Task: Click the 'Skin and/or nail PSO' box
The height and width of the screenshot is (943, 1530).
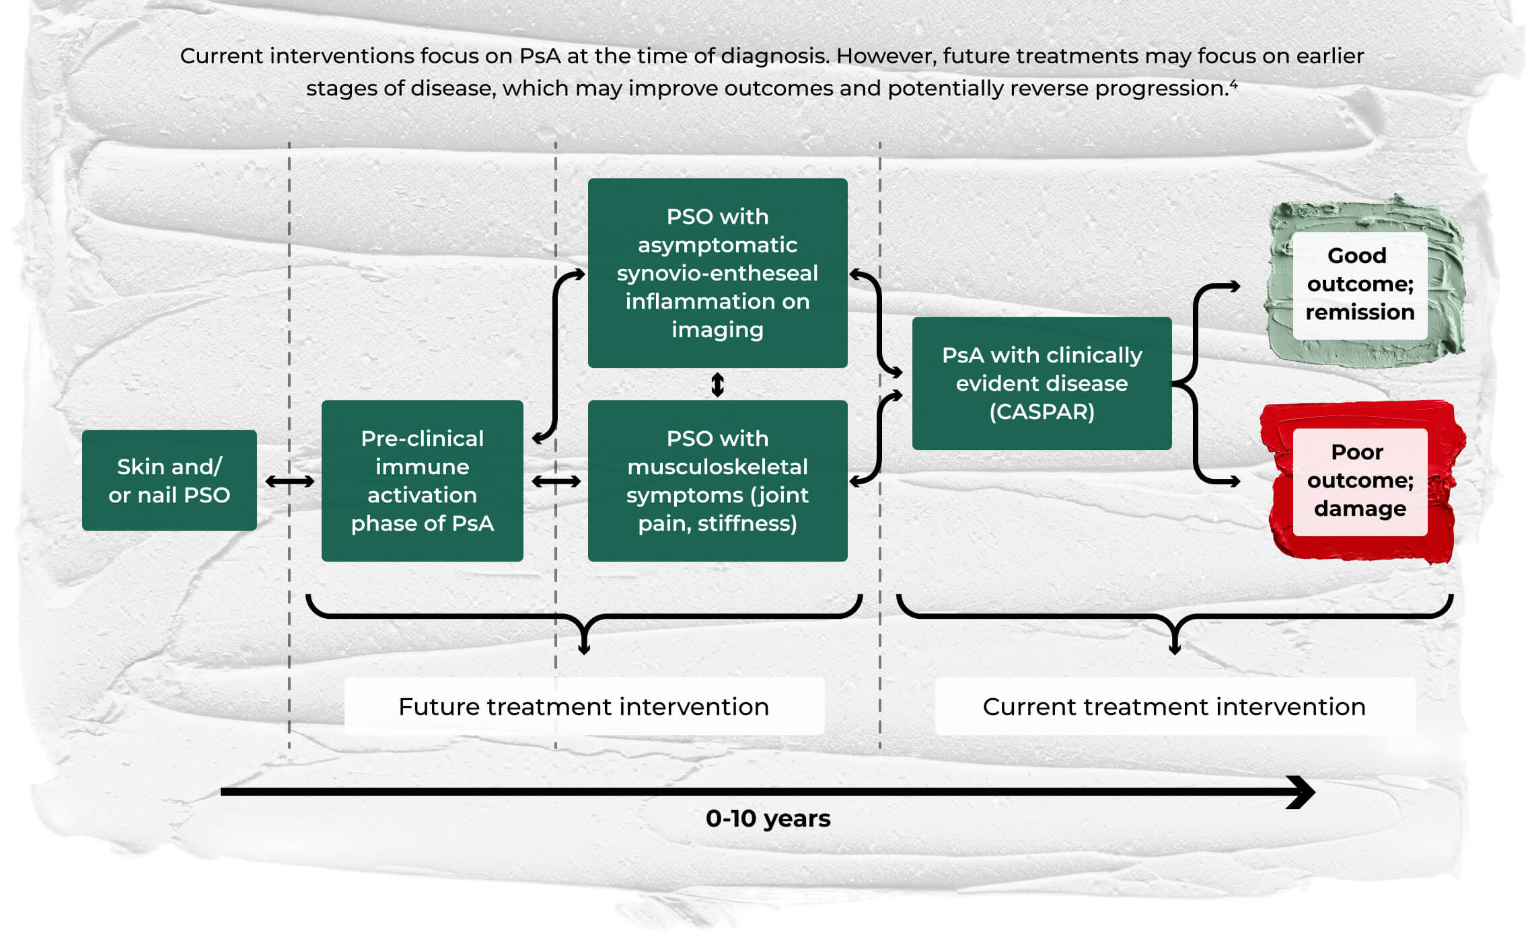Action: [x=169, y=480]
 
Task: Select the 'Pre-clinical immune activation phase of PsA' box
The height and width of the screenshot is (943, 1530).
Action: [x=423, y=481]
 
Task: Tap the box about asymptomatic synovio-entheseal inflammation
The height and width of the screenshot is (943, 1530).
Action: [x=717, y=272]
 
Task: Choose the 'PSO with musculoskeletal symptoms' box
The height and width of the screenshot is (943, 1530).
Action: [x=717, y=481]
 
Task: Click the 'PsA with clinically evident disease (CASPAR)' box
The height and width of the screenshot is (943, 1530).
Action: [x=1042, y=383]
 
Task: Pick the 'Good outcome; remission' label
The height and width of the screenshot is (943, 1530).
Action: [x=1360, y=284]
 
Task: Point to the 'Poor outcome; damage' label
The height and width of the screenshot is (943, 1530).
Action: [x=1360, y=480]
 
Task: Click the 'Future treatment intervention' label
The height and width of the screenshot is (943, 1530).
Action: [x=584, y=706]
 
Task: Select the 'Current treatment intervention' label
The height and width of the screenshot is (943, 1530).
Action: [x=1175, y=706]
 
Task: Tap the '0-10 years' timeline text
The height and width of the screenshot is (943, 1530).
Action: [x=768, y=819]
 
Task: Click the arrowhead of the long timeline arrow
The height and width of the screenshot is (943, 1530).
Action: [x=1303, y=792]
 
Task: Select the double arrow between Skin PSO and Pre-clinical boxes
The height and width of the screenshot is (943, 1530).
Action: [x=290, y=481]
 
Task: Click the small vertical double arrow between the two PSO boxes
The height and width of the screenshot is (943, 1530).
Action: [x=718, y=385]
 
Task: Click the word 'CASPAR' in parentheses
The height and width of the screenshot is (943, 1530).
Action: [x=1042, y=412]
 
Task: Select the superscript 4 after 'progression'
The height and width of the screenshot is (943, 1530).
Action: [x=1234, y=84]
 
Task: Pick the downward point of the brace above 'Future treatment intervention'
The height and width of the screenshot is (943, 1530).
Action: [x=584, y=650]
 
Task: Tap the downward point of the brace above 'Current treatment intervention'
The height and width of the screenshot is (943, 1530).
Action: [x=1175, y=650]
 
